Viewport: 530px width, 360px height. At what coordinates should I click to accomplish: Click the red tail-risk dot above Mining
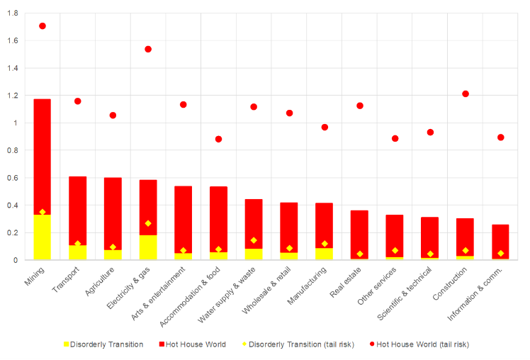[x=43, y=26]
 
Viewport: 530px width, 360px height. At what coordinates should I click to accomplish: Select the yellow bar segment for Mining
[x=43, y=237]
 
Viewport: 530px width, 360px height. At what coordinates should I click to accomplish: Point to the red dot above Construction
[x=466, y=94]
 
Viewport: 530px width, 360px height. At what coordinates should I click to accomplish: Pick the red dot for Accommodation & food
[x=218, y=139]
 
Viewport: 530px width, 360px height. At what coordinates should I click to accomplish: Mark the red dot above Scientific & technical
[x=430, y=133]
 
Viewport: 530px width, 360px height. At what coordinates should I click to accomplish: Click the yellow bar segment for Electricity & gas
[x=148, y=247]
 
